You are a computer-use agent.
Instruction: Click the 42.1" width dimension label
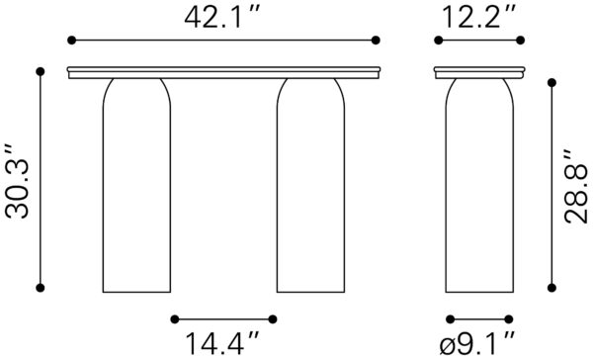tap(222, 18)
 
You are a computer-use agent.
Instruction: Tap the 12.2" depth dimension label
tap(478, 18)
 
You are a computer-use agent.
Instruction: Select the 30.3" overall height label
tap(18, 181)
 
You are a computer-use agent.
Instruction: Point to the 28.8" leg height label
tap(575, 186)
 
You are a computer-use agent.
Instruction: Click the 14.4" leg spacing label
tap(222, 343)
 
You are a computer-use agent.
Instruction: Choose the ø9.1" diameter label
tap(478, 343)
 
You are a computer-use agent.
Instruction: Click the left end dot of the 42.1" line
tap(71, 41)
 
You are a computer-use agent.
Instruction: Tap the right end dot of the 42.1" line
tap(376, 41)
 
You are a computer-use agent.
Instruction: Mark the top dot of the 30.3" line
tap(41, 71)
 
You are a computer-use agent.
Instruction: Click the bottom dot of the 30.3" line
tap(41, 288)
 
